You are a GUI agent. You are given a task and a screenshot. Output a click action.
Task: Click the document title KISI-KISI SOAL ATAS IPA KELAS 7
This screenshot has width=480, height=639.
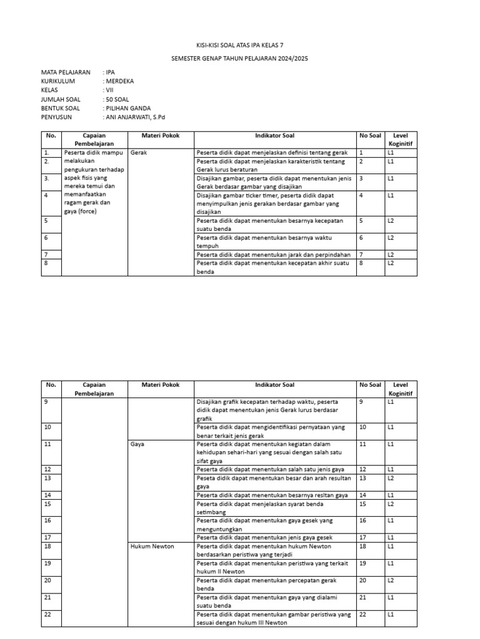click(x=240, y=46)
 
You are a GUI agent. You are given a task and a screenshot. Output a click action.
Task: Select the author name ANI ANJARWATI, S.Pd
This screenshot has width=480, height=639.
click(x=136, y=117)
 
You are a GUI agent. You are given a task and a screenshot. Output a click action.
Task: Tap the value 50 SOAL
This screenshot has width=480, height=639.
click(x=117, y=99)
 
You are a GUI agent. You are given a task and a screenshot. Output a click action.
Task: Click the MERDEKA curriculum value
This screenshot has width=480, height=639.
click(x=120, y=81)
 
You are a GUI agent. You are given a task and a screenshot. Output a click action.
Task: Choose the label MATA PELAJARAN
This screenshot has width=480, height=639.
click(x=66, y=72)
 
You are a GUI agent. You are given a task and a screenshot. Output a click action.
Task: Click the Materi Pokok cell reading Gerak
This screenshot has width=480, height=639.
click(x=138, y=152)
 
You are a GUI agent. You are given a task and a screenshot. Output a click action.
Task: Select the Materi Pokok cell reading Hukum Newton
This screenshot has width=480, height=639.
click(x=152, y=546)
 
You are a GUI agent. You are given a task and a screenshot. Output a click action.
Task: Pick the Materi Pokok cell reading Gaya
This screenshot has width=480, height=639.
click(x=137, y=444)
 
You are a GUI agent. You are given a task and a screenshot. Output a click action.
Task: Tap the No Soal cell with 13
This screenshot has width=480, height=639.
click(x=362, y=478)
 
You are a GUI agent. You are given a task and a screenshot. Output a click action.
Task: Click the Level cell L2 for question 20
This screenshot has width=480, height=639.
click(x=391, y=580)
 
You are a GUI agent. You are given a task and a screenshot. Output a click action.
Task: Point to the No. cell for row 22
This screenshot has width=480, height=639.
click(x=47, y=614)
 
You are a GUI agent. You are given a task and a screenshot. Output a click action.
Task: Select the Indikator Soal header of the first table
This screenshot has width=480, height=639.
click(x=275, y=135)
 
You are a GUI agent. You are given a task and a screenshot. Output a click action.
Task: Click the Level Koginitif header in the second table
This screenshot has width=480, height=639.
click(x=400, y=389)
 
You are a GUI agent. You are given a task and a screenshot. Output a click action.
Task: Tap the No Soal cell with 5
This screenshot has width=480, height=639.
click(x=361, y=220)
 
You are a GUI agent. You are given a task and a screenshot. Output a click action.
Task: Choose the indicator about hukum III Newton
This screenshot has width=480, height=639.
click(x=274, y=618)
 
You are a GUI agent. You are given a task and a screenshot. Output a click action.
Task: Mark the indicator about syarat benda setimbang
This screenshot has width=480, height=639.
click(x=274, y=507)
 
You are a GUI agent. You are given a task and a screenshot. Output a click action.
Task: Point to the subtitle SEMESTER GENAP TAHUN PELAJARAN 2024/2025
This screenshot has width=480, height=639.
click(x=240, y=58)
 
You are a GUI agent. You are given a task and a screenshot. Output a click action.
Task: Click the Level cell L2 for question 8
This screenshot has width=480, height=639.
click(x=391, y=263)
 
